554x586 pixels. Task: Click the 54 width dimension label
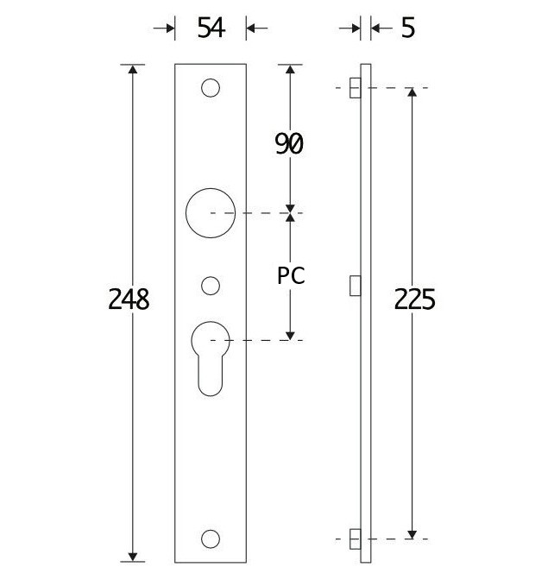tap(211, 28)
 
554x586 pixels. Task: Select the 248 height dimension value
tap(129, 299)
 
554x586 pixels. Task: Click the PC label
tap(291, 276)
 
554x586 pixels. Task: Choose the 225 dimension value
tap(414, 299)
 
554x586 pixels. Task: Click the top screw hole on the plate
tap(210, 88)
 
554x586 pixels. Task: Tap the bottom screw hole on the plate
tap(210, 539)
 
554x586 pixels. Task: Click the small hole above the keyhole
tap(210, 284)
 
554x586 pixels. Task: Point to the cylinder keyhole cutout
tap(210, 354)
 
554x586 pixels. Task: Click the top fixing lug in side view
tap(355, 88)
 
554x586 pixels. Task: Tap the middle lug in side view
tap(355, 285)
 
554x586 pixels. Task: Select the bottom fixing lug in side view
tap(355, 539)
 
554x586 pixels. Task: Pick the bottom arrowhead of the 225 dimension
tap(413, 532)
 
